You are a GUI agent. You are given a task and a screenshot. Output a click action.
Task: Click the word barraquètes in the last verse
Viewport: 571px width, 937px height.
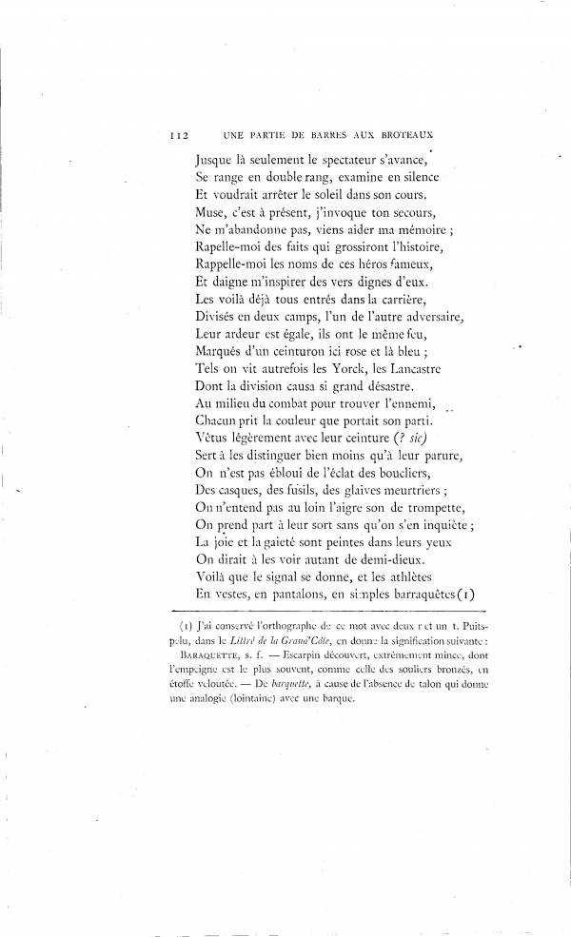[404, 590]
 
